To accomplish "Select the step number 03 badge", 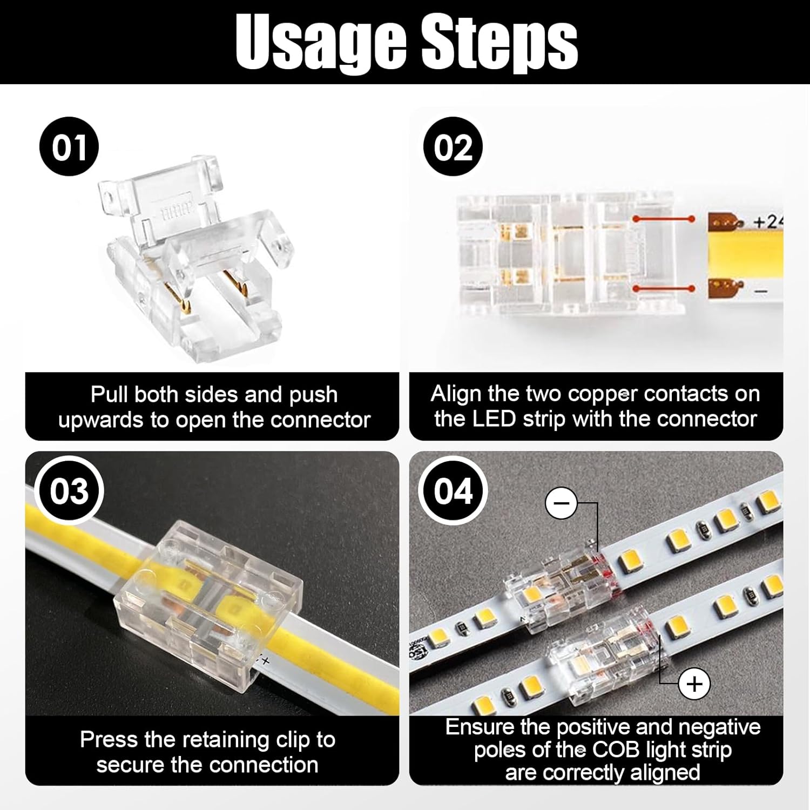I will (x=69, y=491).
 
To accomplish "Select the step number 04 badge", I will (x=453, y=491).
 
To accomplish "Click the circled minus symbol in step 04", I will (x=562, y=503).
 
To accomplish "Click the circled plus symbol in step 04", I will (x=694, y=684).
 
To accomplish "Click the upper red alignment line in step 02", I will (x=664, y=219).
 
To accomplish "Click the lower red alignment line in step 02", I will (x=664, y=289).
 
